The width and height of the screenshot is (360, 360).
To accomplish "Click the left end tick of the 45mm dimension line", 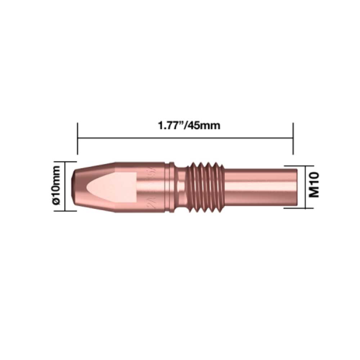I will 77,138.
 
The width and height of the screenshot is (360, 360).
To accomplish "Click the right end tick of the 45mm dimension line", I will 293,138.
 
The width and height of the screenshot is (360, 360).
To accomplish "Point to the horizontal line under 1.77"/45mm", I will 185,138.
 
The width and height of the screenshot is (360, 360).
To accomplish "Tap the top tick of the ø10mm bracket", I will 71,162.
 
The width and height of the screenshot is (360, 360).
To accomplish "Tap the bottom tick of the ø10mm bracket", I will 71,211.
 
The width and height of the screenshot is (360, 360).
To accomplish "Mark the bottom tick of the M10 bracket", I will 294,208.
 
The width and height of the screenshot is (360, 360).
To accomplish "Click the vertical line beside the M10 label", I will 305,187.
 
